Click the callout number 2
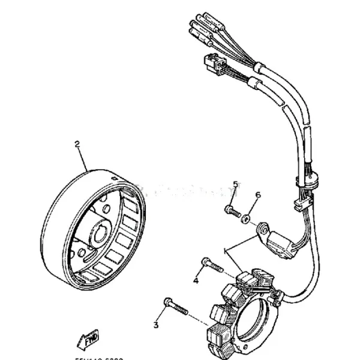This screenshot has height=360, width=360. point(76,144)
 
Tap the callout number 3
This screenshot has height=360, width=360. point(155,325)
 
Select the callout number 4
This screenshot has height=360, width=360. point(196,280)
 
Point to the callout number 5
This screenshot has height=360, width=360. point(236,184)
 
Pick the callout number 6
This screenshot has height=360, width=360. point(258,196)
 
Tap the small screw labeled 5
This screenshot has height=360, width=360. point(232,211)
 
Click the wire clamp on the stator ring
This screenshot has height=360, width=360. point(275,293)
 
